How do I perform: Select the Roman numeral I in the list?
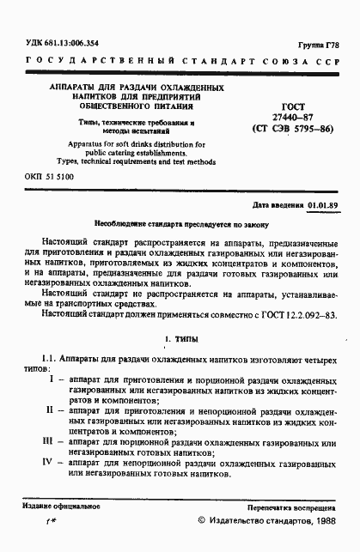tap(51, 379)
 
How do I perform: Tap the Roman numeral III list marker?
tap(50, 441)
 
